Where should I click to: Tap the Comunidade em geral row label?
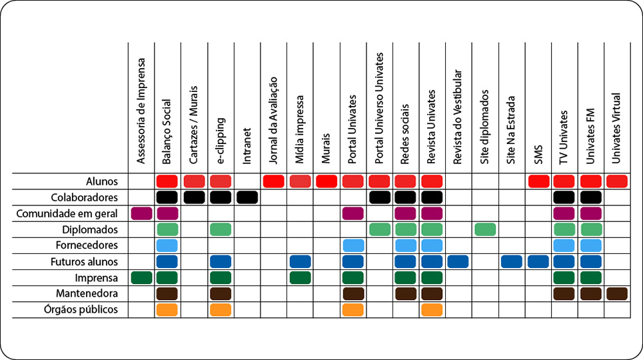coord(76,213)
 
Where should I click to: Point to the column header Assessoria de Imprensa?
coord(141,110)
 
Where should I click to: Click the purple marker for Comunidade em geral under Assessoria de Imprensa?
coord(141,213)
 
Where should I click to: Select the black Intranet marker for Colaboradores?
coord(247,197)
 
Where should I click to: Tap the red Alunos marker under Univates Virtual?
coord(617,181)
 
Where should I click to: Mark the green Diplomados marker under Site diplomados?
coord(485,229)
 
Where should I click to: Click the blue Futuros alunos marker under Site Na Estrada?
coord(512,261)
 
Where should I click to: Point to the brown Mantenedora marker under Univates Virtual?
coord(617,293)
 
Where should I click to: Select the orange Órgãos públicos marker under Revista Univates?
coord(432,310)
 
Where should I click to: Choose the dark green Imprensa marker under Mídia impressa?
coord(300,277)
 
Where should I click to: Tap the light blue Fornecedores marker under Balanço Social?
coord(167,245)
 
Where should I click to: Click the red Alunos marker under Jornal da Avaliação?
coord(273,181)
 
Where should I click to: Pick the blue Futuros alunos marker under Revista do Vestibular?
coord(458,261)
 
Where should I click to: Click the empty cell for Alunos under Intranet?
coord(247,181)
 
